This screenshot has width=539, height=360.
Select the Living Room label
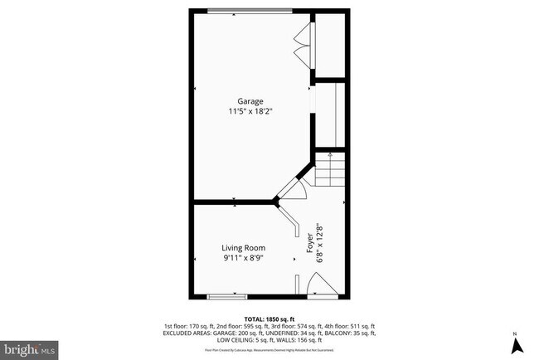pyautogui.click(x=243, y=248)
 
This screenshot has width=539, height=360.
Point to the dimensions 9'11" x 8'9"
pyautogui.click(x=243, y=258)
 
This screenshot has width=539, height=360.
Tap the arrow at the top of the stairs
pyautogui.click(x=331, y=155)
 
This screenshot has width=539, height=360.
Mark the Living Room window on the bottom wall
pyautogui.click(x=227, y=295)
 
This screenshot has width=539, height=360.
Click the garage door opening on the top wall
pyautogui.click(x=249, y=11)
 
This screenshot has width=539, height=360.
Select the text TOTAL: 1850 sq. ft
pyautogui.click(x=269, y=319)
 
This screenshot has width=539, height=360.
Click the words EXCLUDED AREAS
pyautogui.click(x=192, y=333)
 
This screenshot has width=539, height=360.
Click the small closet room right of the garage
pyautogui.click(x=330, y=44)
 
